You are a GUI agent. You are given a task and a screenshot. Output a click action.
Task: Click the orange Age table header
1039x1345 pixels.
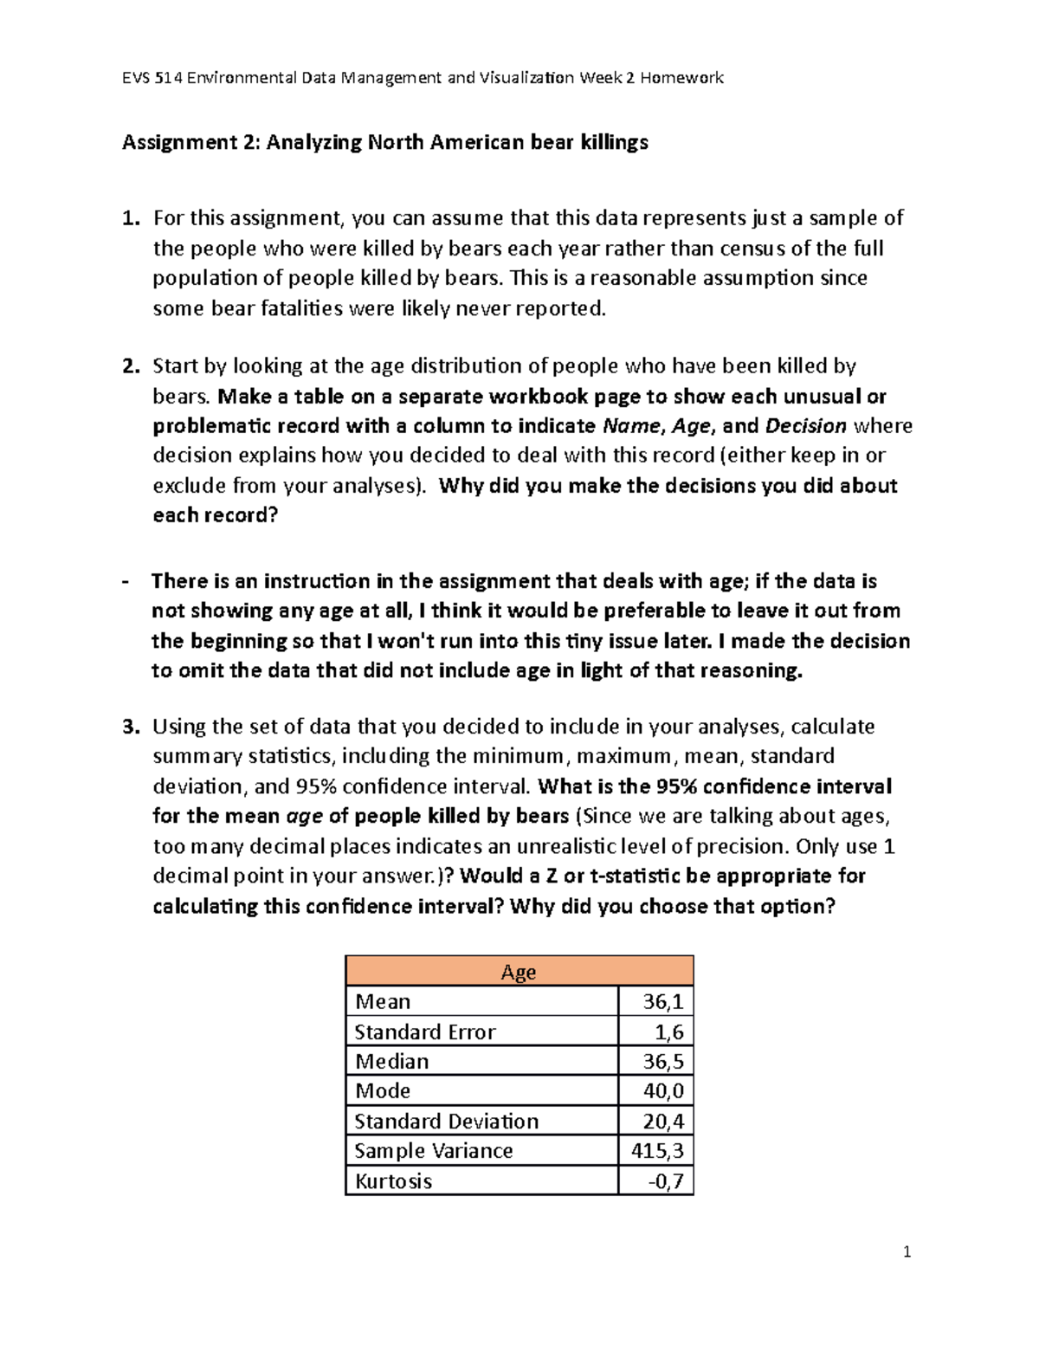(519, 972)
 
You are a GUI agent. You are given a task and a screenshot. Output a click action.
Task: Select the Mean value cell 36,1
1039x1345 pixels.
(663, 1002)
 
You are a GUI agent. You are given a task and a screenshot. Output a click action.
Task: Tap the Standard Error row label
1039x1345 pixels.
(425, 1031)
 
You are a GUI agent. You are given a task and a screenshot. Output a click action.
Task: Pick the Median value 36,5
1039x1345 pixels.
(663, 1061)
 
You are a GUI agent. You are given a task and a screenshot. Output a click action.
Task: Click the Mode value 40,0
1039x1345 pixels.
(663, 1090)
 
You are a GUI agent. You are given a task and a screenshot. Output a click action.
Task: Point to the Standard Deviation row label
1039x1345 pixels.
(446, 1121)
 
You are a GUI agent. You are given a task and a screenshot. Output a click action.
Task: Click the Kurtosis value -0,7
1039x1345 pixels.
(666, 1180)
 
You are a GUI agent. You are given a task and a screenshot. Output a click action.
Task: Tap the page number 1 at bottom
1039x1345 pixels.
(907, 1251)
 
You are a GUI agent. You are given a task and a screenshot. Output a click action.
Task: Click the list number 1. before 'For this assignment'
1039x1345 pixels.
(131, 218)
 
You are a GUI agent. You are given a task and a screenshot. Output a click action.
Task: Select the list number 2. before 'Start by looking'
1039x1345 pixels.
(131, 366)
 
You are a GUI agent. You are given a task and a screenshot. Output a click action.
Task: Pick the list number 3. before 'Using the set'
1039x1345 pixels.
(131, 727)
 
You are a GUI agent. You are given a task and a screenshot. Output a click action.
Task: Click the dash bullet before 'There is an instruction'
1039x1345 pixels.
(127, 581)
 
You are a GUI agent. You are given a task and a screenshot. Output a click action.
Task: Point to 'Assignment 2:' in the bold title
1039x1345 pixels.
(190, 142)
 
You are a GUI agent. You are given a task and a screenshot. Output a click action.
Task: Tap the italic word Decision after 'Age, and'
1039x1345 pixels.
(806, 426)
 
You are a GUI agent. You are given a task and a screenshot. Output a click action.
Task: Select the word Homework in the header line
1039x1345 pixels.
(682, 78)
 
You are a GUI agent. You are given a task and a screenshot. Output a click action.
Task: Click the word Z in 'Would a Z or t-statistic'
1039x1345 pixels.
(551, 876)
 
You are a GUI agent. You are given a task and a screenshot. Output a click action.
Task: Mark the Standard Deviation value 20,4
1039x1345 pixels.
(663, 1121)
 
